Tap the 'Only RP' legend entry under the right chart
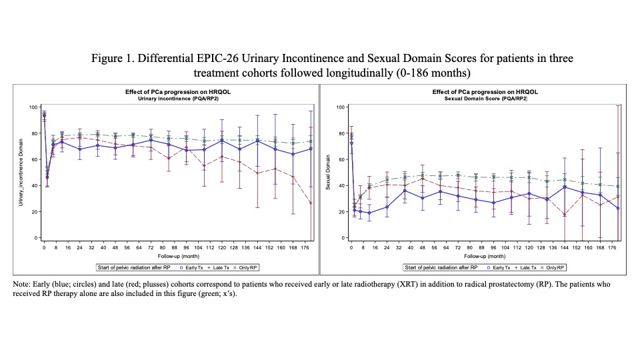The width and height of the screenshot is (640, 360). tap(555, 268)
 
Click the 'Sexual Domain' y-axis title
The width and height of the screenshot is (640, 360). tap(328, 172)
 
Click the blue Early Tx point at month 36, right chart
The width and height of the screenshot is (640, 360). tap(405, 191)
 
